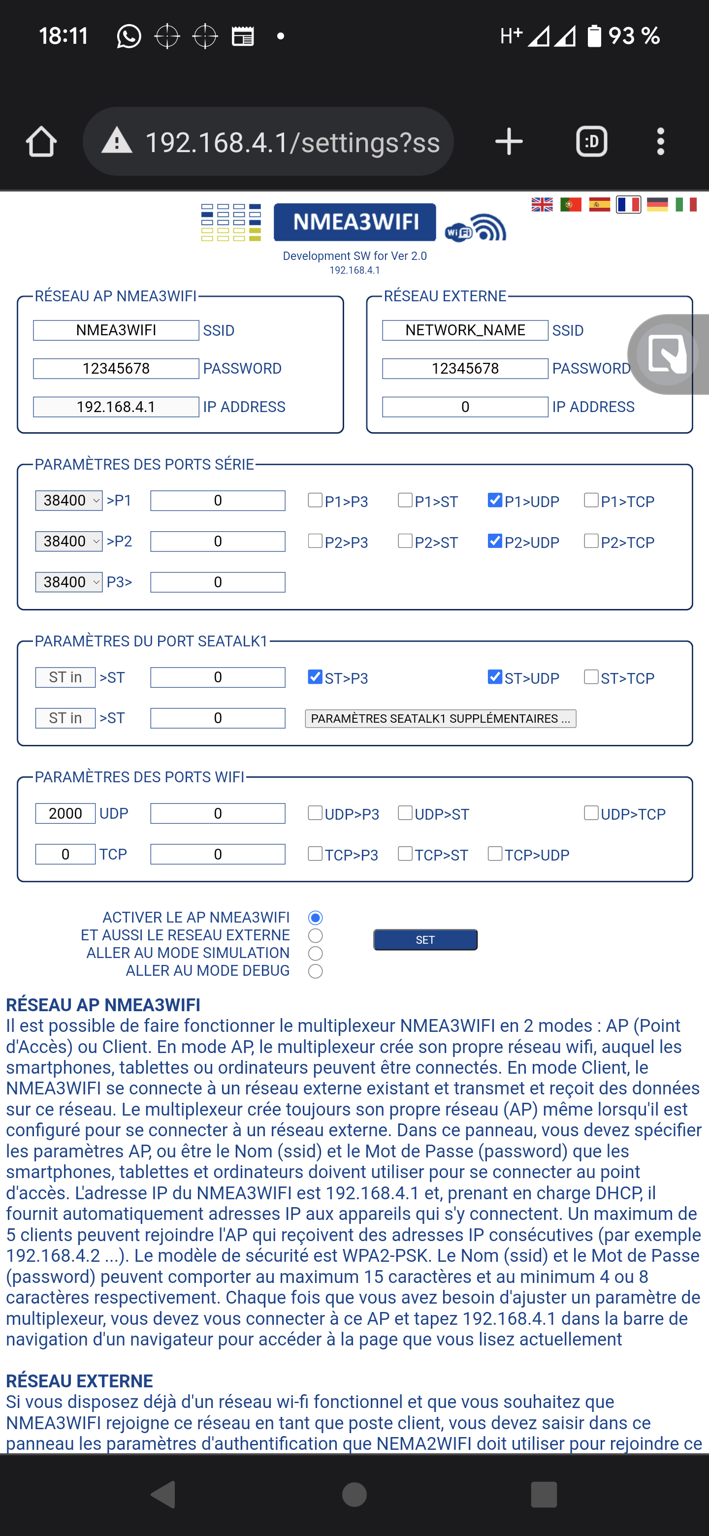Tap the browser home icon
41,142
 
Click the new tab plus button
509,142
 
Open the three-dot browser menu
660,142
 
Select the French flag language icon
629,204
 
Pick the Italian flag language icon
686,204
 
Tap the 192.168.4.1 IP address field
116,407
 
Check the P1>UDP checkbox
495,500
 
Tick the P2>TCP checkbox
591,541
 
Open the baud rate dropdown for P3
68,582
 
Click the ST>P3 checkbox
315,677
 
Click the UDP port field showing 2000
65,813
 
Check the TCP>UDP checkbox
495,854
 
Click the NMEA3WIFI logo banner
355,223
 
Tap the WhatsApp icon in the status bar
129,36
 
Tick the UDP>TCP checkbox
591,813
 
